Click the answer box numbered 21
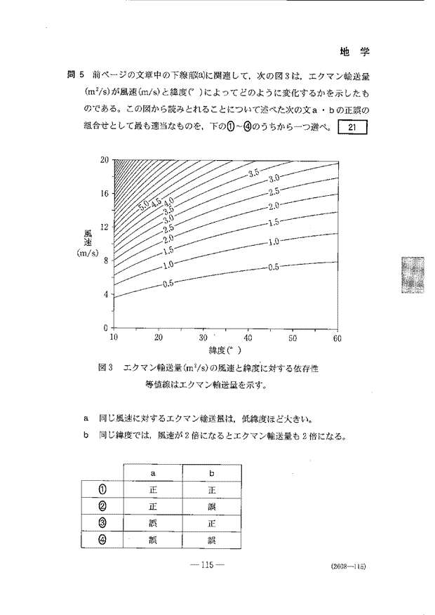tap(353, 128)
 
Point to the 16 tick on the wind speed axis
tap(105, 193)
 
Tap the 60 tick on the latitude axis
tap(337, 338)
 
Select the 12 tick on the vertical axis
tap(105, 226)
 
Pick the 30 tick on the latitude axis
tap(203, 338)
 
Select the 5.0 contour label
tap(144, 206)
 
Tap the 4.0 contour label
tap(168, 201)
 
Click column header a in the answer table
tap(153, 472)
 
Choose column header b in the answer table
tap(210, 472)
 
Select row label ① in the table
tap(102, 489)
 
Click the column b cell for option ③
tap(210, 523)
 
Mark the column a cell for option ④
tap(153, 540)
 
